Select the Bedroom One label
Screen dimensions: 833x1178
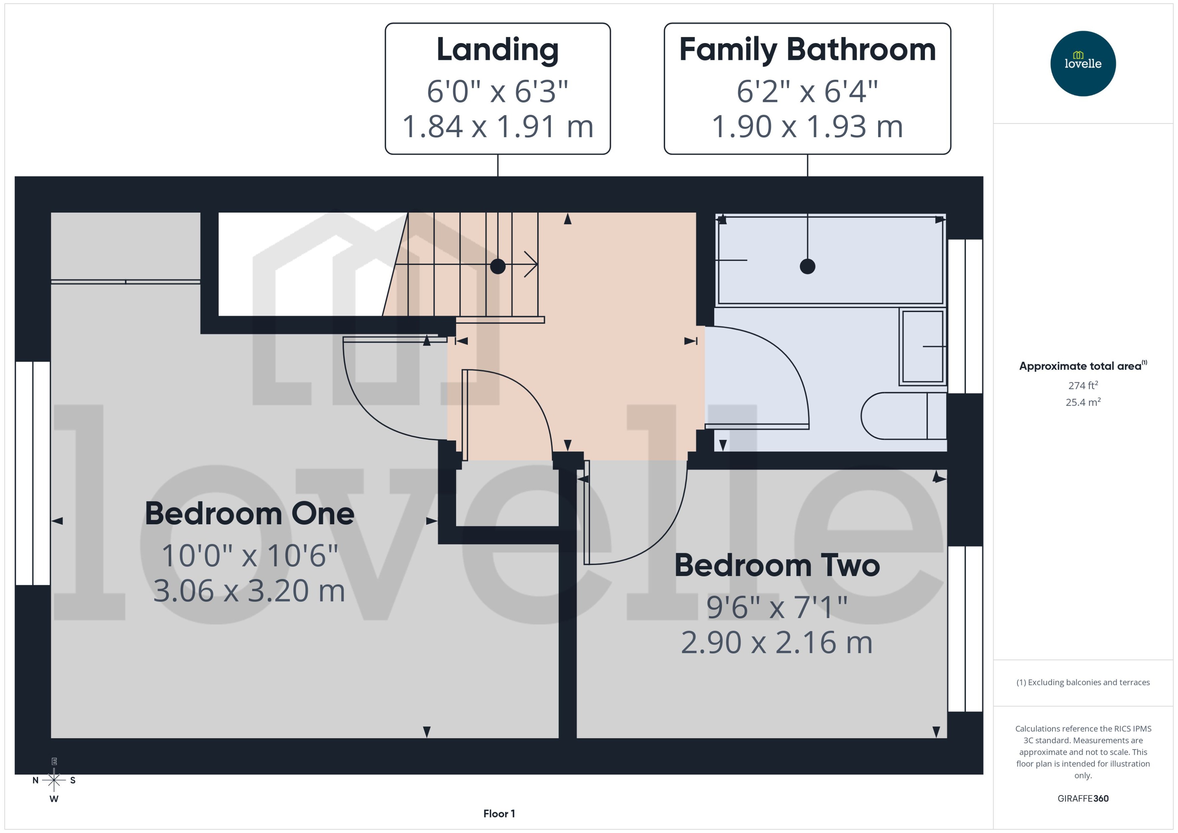(249, 514)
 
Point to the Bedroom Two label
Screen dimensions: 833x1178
(776, 565)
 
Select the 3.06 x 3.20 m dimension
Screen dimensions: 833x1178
(249, 591)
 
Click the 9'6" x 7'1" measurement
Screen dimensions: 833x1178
(776, 607)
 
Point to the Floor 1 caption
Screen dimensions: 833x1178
(499, 813)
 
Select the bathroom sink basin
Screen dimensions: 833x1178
(923, 347)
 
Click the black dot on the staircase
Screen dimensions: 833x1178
(497, 266)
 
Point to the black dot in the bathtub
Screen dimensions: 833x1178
(807, 266)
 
